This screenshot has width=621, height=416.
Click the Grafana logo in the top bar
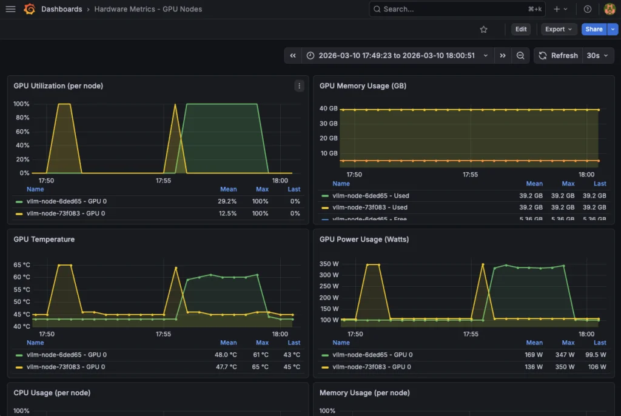(29, 9)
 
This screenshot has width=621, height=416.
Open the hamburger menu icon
(10, 9)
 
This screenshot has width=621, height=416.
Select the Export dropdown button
(559, 29)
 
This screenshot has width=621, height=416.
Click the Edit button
(521, 29)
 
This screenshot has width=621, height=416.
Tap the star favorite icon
(483, 29)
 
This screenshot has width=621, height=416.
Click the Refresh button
(558, 55)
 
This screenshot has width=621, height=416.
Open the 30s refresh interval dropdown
(597, 55)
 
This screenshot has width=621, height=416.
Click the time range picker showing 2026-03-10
(397, 55)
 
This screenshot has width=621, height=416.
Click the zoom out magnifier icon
(520, 55)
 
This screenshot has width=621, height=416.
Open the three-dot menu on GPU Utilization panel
(299, 86)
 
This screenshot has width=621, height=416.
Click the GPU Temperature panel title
(44, 240)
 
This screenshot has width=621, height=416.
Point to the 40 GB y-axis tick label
(329, 109)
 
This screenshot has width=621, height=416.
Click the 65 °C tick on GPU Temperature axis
(22, 265)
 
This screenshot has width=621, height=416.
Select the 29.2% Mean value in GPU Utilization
(228, 201)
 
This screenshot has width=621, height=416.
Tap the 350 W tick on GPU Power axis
(329, 264)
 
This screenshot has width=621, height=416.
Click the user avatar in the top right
(609, 9)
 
